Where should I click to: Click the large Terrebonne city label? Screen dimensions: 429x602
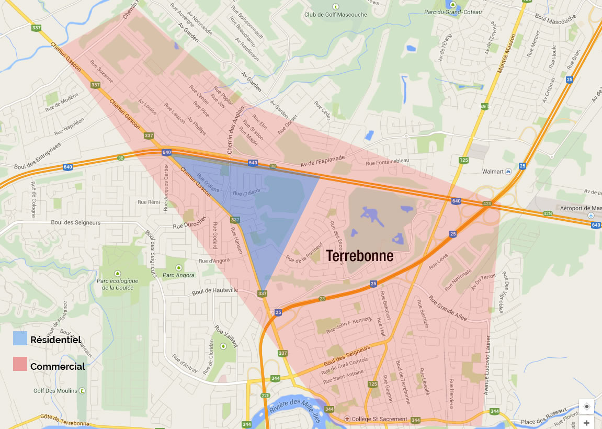coord(360,256)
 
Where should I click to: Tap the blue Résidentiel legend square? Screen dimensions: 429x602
coord(20,338)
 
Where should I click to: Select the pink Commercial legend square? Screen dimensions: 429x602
coord(20,364)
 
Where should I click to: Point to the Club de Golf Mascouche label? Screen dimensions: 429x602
coord(335,14)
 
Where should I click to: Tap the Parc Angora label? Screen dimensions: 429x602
coord(178,275)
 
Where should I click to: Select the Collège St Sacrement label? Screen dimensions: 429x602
coord(379,419)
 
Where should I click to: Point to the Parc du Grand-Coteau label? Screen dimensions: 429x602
coord(452,12)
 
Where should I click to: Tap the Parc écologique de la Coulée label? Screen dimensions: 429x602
coord(118,284)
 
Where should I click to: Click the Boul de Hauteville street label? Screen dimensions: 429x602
coord(215,290)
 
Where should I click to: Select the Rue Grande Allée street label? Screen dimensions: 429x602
coord(448,308)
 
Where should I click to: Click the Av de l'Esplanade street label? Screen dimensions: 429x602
coord(322,161)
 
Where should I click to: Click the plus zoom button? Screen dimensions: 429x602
coord(586,423)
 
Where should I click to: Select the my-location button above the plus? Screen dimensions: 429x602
coord(586,407)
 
